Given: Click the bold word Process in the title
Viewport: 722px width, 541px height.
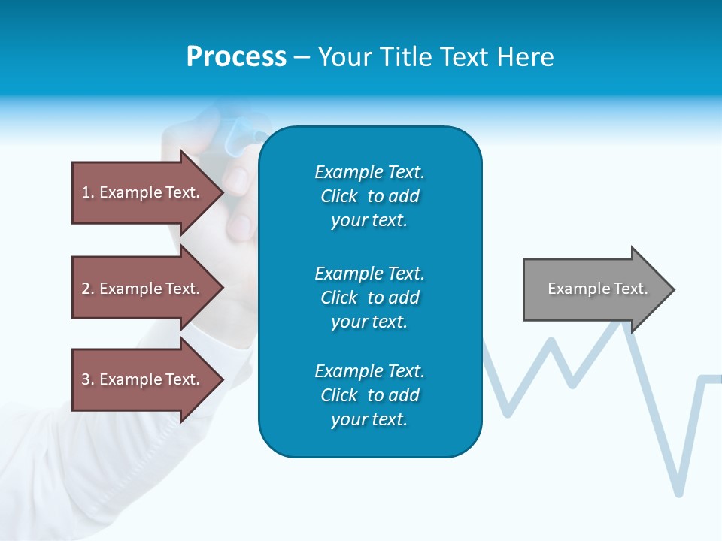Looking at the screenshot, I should point(236,57).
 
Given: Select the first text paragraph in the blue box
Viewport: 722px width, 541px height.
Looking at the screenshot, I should point(369,196).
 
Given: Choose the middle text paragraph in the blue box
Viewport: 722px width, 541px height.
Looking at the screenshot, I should point(369,297).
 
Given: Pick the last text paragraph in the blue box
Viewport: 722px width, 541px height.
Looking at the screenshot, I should point(369,395).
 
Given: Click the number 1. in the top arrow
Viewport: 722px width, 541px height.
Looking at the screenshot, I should point(88,192).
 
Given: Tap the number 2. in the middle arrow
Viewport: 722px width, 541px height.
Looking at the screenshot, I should point(88,289).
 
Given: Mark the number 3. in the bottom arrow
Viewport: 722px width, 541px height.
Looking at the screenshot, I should point(88,379).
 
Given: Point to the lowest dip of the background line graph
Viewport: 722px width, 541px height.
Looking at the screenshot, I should point(679,492).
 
